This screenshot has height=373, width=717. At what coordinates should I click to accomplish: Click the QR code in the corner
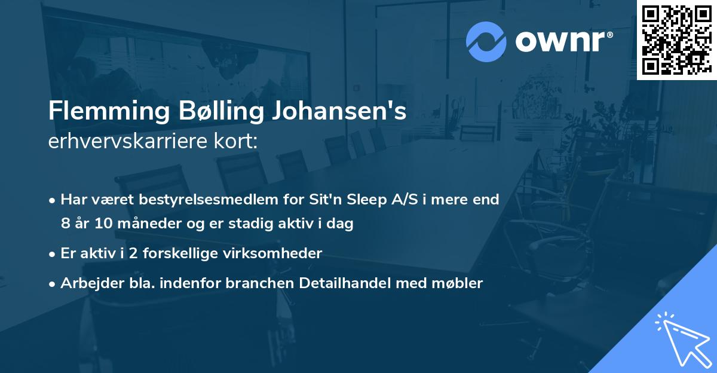click(x=676, y=39)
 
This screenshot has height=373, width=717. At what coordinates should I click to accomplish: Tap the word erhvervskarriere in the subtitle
click(x=125, y=142)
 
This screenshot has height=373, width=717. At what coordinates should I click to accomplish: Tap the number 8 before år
click(x=65, y=224)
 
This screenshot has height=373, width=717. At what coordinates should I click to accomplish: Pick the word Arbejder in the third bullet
click(x=88, y=283)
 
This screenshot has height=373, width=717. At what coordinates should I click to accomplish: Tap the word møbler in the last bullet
click(x=459, y=283)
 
